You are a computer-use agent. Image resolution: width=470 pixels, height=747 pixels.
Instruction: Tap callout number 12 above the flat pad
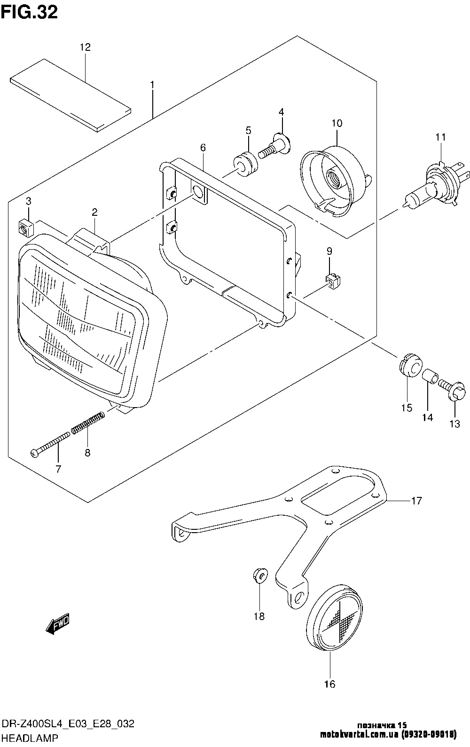[85, 47]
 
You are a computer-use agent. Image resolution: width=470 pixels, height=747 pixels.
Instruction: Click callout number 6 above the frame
[203, 148]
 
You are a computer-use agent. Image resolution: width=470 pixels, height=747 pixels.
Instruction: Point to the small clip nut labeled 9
[330, 282]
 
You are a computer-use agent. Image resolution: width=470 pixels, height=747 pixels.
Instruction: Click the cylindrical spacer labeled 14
[430, 377]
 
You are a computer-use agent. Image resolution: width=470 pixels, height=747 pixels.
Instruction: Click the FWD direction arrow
[58, 622]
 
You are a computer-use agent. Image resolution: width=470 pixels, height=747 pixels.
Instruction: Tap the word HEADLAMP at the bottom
[30, 738]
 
